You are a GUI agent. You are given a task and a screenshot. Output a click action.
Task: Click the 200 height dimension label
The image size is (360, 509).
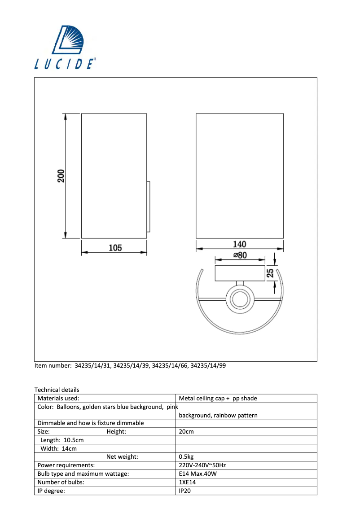(x=61, y=176)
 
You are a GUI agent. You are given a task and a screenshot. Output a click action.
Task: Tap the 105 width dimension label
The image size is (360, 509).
(x=115, y=248)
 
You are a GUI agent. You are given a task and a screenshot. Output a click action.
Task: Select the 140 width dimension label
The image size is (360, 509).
(x=239, y=244)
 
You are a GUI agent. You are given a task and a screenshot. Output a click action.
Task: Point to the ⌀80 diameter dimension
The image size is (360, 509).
(x=240, y=255)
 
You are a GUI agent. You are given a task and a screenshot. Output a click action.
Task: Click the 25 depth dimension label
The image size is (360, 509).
(x=270, y=273)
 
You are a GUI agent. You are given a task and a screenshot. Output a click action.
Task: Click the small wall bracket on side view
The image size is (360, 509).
(x=148, y=206)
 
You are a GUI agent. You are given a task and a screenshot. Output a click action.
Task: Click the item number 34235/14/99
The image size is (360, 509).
(x=208, y=365)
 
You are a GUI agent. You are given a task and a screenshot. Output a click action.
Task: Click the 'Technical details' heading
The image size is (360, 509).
(x=57, y=390)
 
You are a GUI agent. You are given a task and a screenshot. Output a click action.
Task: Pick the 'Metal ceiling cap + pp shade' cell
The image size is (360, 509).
(x=218, y=398)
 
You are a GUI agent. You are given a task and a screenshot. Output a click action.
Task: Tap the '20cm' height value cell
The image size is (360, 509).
(x=186, y=431)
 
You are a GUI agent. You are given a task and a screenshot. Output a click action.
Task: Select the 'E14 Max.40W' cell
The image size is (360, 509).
(x=196, y=474)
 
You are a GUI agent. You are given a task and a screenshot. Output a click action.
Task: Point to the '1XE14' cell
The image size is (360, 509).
(x=187, y=482)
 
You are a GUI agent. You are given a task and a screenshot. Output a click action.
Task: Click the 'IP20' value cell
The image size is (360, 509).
(x=185, y=491)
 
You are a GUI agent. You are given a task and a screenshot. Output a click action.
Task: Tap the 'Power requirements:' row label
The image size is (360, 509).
(x=66, y=465)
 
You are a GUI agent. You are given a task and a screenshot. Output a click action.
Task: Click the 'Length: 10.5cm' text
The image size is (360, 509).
(x=62, y=440)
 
